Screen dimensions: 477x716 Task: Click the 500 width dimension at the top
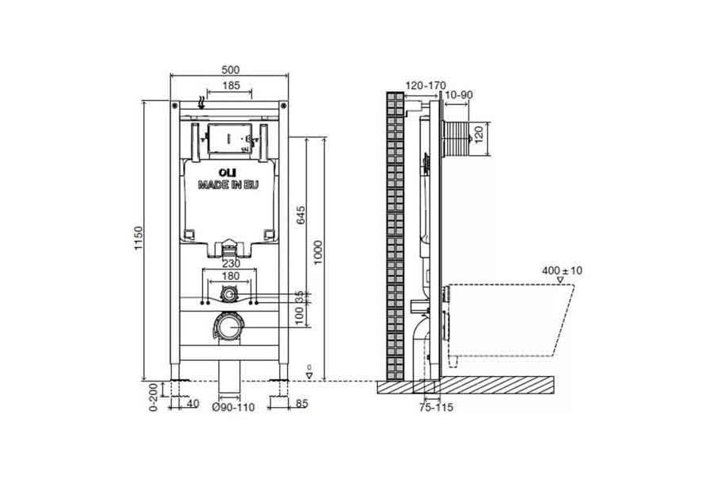point(229,69)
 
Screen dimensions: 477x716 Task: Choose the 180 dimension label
point(231,276)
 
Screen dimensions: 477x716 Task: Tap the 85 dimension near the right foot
point(302,403)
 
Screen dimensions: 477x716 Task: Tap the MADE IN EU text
point(229,184)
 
